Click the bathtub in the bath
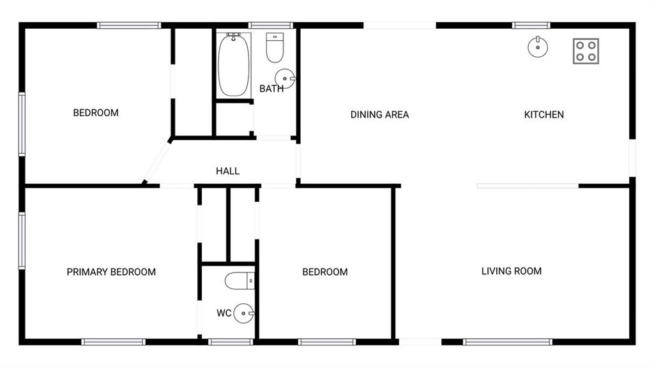[234, 65]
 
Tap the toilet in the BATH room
[275, 48]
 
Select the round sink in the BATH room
[285, 79]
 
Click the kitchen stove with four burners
[586, 51]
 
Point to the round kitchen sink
[538, 47]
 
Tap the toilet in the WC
[240, 280]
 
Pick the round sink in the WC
[243, 313]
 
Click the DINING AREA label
[379, 115]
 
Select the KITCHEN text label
[544, 115]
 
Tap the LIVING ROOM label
[511, 271]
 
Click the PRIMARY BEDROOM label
[111, 272]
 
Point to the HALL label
[227, 171]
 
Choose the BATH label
[271, 89]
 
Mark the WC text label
[224, 313]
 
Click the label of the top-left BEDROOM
[96, 113]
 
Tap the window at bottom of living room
[508, 342]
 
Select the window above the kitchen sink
[531, 26]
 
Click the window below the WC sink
[231, 342]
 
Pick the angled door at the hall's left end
[156, 162]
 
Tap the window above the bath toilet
[270, 26]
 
